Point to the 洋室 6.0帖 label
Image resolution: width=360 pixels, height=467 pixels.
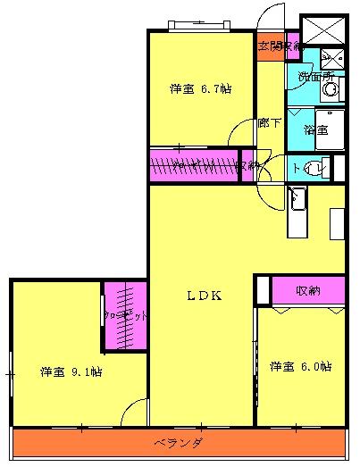(301, 366)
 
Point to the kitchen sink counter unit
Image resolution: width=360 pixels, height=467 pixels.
(297, 213)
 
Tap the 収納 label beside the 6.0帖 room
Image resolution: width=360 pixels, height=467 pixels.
(308, 290)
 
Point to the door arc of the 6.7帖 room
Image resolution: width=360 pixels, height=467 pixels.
(242, 134)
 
